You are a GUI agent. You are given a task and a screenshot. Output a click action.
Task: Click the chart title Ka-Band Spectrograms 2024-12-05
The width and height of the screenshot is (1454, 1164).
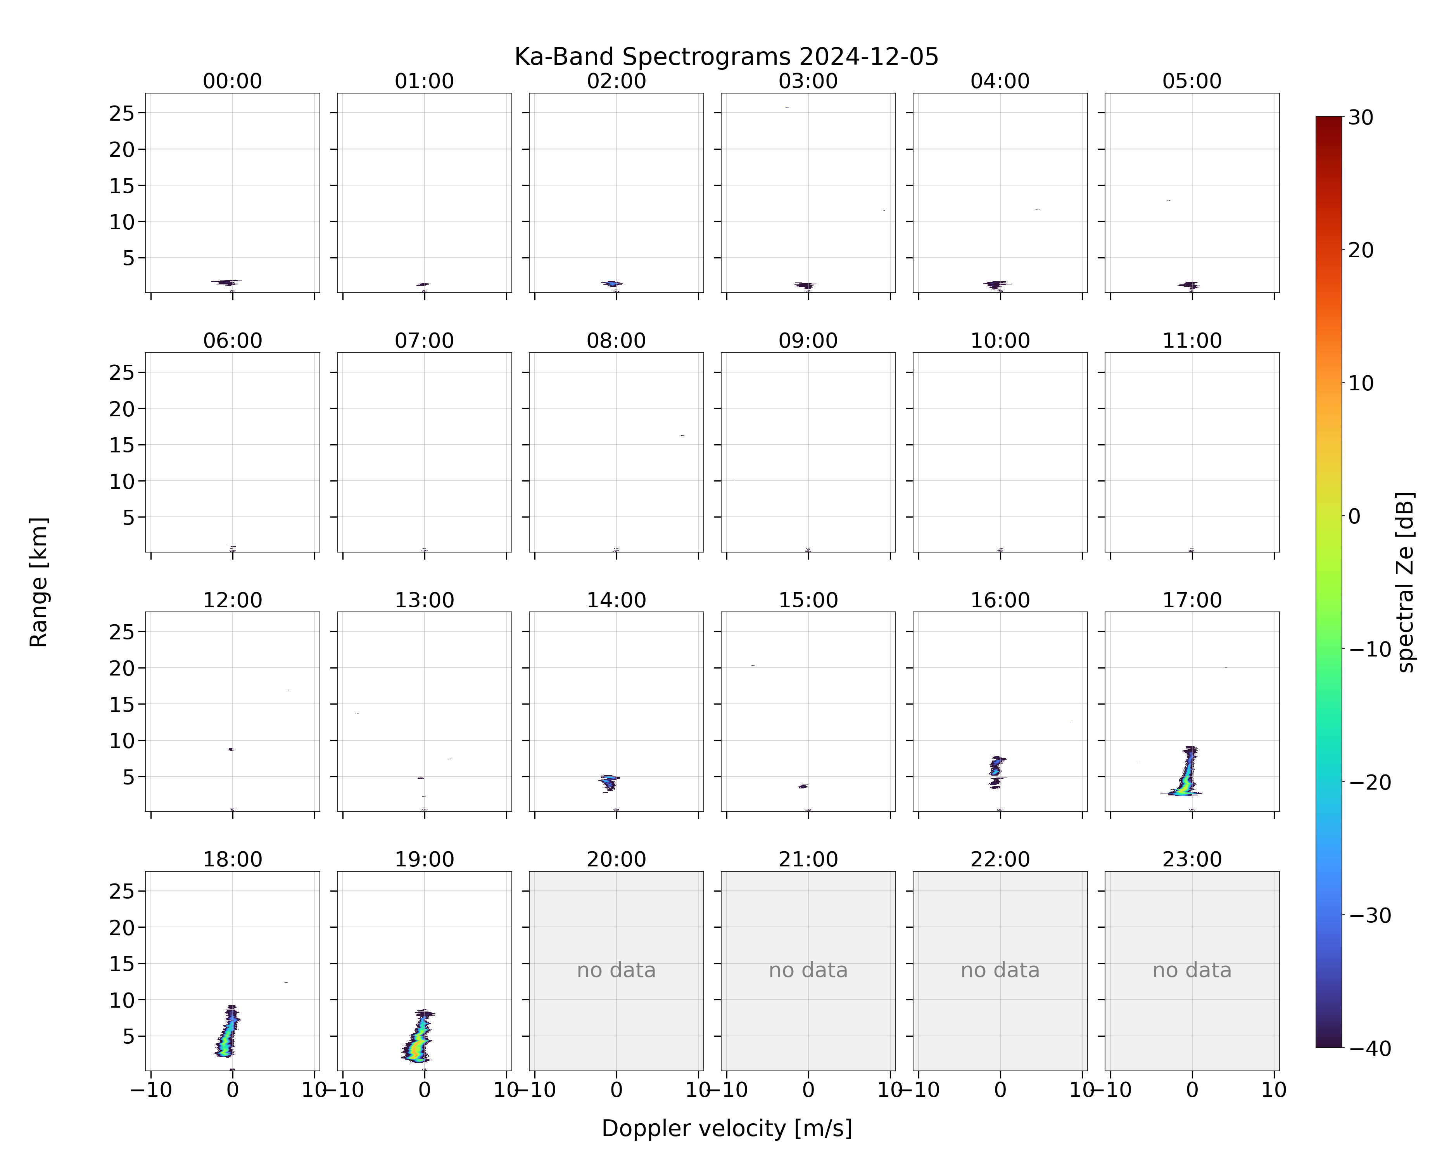pyautogui.click(x=726, y=57)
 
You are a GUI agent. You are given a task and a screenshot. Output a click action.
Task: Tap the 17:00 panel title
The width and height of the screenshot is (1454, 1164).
pyautogui.click(x=1192, y=600)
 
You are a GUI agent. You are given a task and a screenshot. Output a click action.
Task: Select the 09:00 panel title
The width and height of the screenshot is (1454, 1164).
pyautogui.click(x=808, y=341)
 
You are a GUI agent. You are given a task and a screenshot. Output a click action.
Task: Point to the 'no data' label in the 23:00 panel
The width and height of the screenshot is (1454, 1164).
pyautogui.click(x=1192, y=970)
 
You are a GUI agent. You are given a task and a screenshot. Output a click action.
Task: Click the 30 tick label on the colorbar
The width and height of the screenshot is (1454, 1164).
pyautogui.click(x=1361, y=118)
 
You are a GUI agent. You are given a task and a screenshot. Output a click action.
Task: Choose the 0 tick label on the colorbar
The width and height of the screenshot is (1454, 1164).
pyautogui.click(x=1354, y=516)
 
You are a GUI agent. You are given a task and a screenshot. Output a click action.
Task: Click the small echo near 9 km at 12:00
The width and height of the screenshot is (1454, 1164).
pyautogui.click(x=231, y=749)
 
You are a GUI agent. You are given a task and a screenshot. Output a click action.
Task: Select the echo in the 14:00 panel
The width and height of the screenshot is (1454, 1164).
pyautogui.click(x=610, y=783)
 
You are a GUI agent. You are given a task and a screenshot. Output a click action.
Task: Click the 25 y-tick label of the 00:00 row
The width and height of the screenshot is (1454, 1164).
pyautogui.click(x=122, y=113)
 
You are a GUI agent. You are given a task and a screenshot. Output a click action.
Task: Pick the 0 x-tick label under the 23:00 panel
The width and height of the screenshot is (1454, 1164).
pyautogui.click(x=1192, y=1090)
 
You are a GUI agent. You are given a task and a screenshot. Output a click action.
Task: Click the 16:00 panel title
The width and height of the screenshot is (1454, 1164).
pyautogui.click(x=1000, y=600)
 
